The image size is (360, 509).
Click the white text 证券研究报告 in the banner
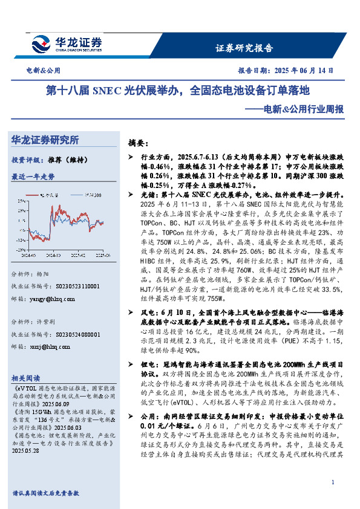(x=244, y=48)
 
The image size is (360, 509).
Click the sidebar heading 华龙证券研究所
(x=45, y=140)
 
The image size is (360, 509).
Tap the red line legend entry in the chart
(x=54, y=195)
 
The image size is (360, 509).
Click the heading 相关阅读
(x=27, y=376)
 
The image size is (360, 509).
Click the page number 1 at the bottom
(x=333, y=482)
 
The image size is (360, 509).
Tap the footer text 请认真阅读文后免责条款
(x=45, y=493)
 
